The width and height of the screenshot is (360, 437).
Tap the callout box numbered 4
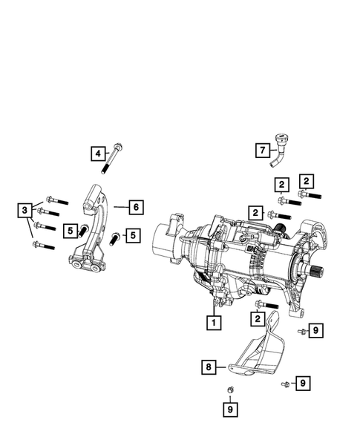(97, 154)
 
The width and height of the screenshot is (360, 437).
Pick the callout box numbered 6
(136, 206)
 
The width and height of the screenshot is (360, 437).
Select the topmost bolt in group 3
(56, 199)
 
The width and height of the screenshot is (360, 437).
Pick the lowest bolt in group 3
(46, 245)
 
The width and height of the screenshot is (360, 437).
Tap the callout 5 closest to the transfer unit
(132, 236)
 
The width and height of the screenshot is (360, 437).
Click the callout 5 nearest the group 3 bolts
(69, 231)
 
